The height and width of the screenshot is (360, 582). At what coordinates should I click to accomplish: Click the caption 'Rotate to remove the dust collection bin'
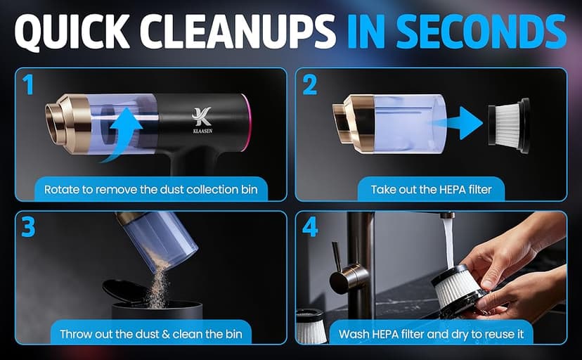150,189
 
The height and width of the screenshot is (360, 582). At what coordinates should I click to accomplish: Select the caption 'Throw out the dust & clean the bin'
150,334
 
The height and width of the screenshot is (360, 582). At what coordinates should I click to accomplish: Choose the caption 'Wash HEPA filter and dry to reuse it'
431,334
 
